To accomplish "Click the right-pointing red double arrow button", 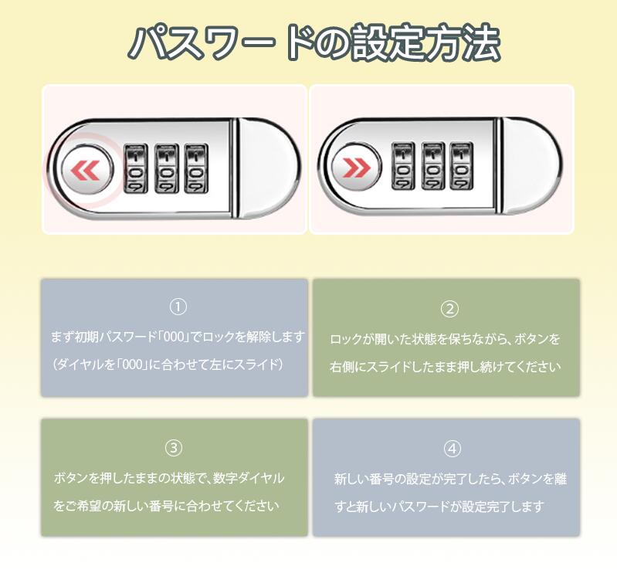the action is tap(356, 168).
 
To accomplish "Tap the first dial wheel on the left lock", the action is tap(136, 168).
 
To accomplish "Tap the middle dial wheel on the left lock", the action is tap(167, 168).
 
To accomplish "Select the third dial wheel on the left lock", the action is tap(196, 168).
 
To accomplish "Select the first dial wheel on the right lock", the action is tap(403, 166).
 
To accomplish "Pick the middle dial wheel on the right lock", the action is tap(433, 166).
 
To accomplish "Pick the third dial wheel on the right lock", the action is tap(462, 166).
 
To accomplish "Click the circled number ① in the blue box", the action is tap(178, 307).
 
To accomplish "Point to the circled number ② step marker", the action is tap(449, 309).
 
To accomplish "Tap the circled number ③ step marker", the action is tap(174, 448).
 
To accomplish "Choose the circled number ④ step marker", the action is tap(452, 449).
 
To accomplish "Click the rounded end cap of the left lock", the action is tap(269, 168).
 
